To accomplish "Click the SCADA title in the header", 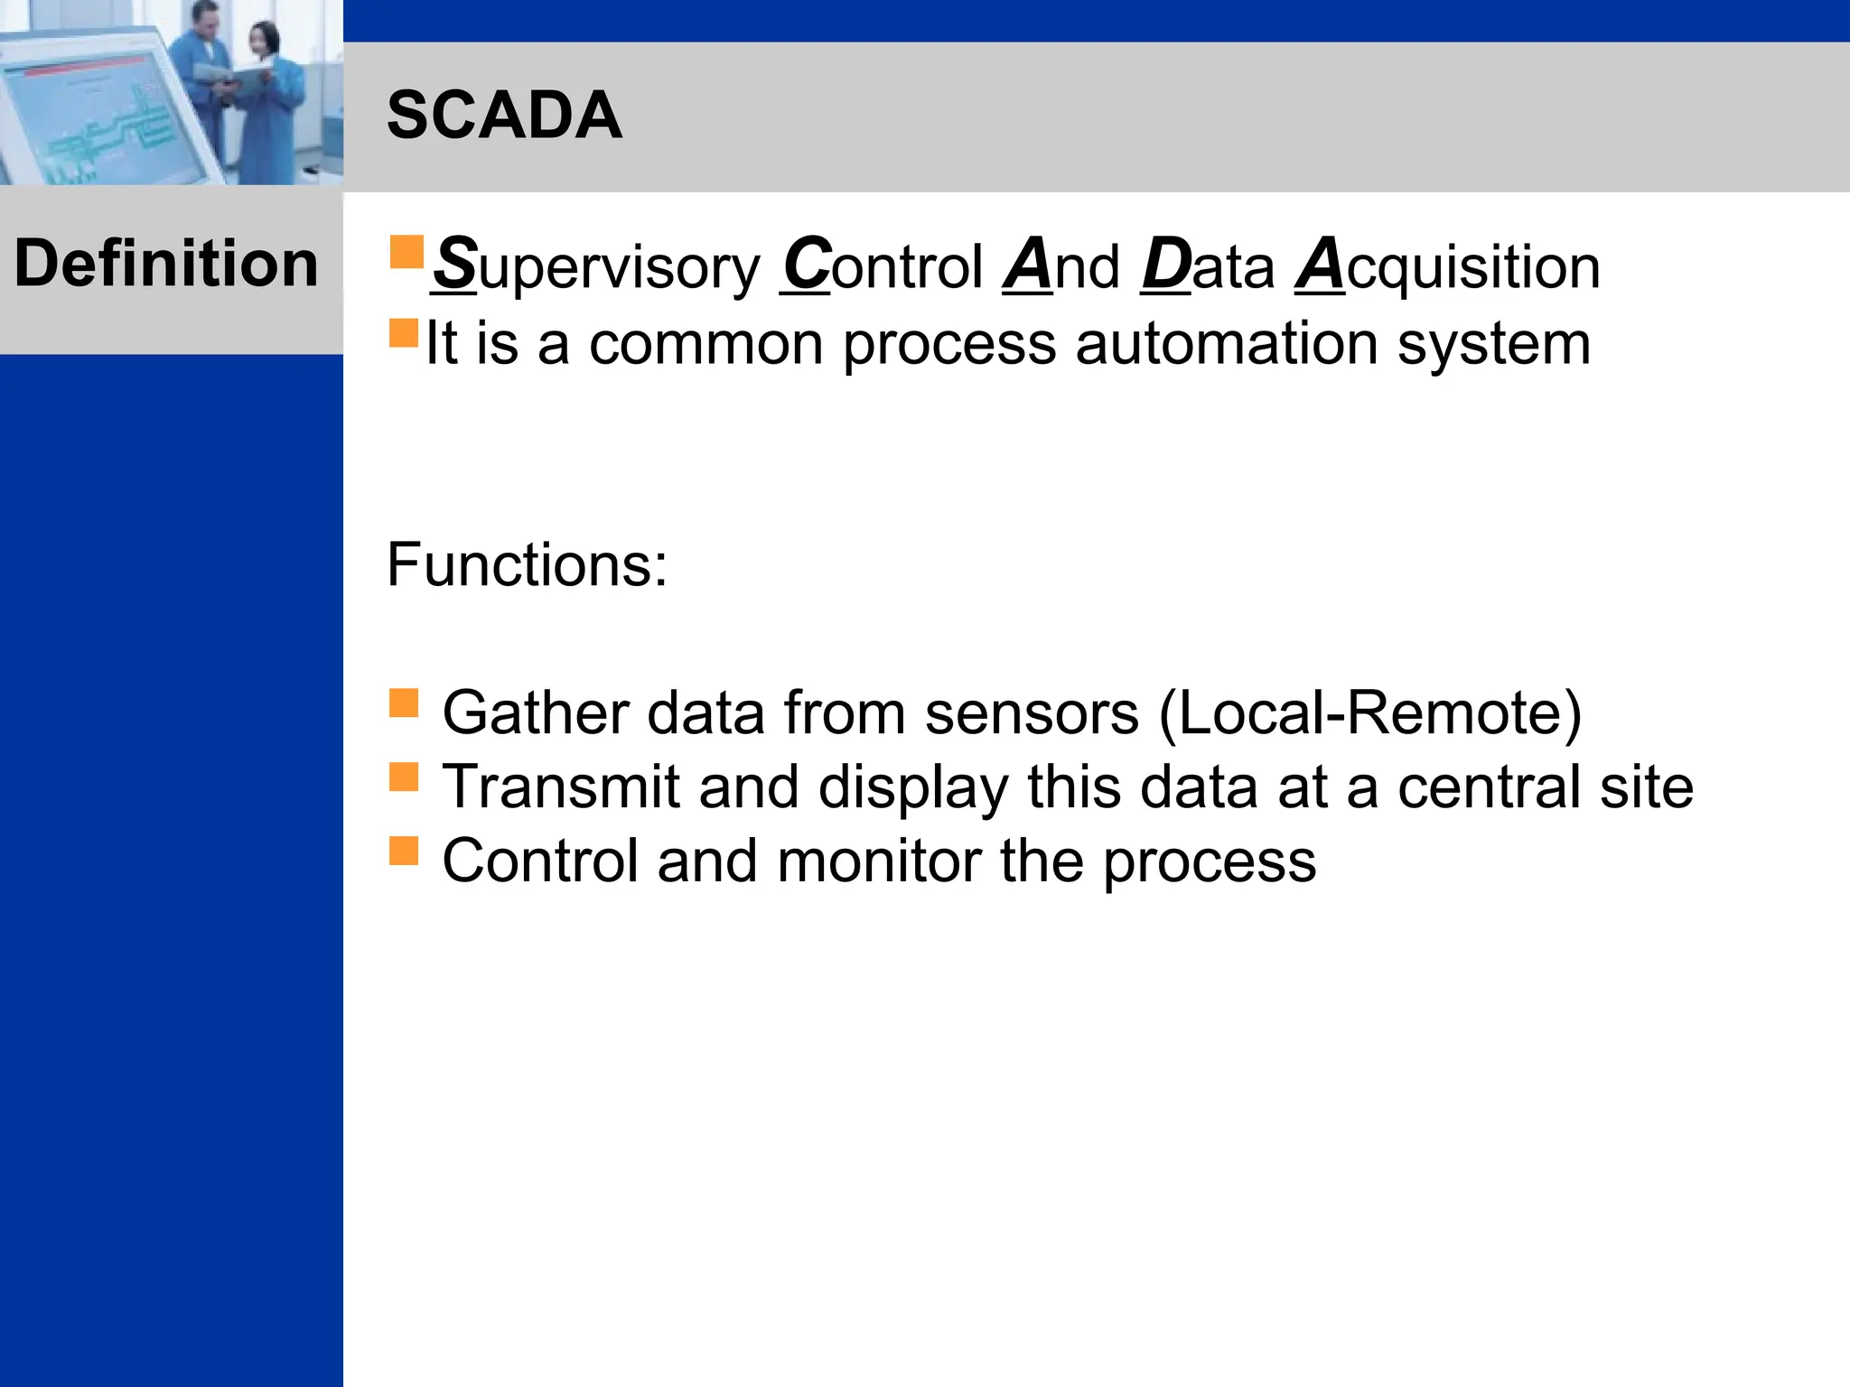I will tap(504, 116).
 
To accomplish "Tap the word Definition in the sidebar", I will tap(166, 264).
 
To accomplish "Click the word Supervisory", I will tap(596, 267).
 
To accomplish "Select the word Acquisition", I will tap(1448, 267).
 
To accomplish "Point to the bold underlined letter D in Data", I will tap(1166, 264).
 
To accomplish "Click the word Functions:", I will tap(527, 565).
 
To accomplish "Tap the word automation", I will tap(1227, 344).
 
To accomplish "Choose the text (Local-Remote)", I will tap(1369, 713).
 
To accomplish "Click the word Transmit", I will tap(560, 787).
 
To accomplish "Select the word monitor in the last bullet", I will tap(878, 861).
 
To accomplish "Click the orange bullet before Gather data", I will tap(404, 703).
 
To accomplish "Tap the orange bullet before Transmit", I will tap(404, 777).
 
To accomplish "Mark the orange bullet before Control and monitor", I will tap(404, 851).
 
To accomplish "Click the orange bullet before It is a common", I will tap(404, 333).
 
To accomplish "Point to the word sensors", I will tap(1032, 713).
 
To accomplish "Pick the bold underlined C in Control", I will tap(806, 264).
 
